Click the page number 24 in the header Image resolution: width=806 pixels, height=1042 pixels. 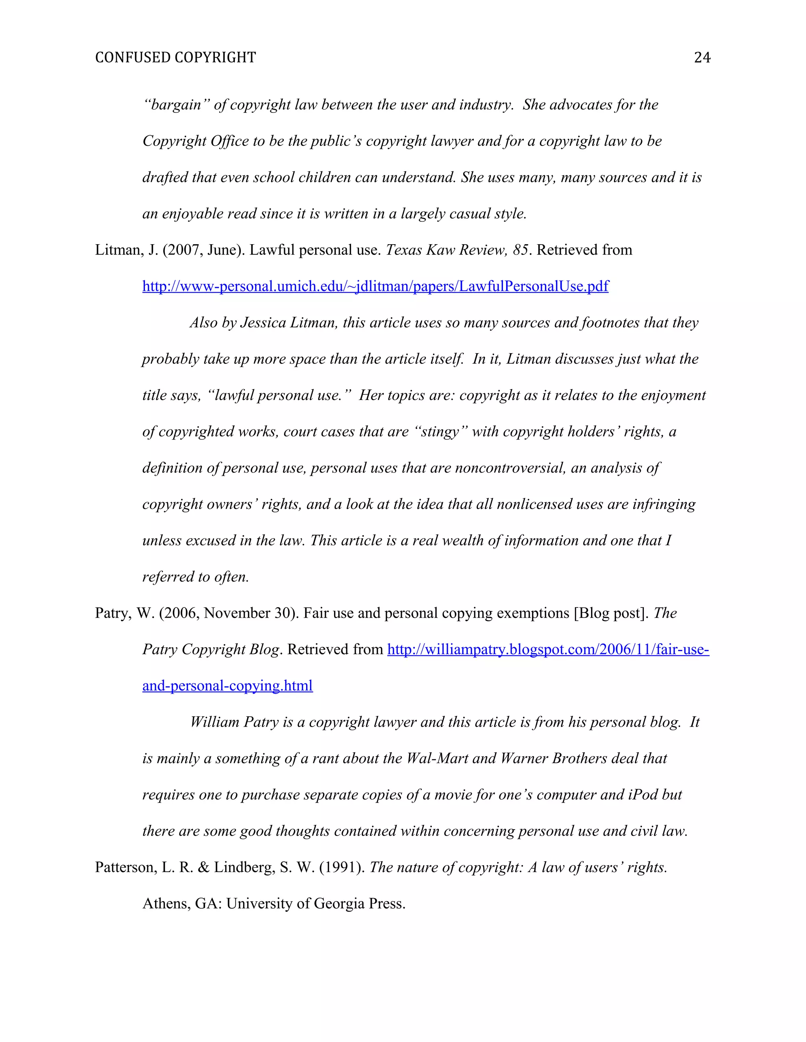pos(702,58)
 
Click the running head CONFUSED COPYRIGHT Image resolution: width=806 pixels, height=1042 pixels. pos(175,58)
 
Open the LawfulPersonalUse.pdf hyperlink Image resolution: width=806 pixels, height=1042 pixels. pos(375,286)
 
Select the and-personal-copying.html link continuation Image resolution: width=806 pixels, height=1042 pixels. pos(227,686)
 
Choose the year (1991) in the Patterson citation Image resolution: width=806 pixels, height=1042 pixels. pos(342,867)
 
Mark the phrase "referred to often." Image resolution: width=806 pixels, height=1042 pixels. pos(195,577)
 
